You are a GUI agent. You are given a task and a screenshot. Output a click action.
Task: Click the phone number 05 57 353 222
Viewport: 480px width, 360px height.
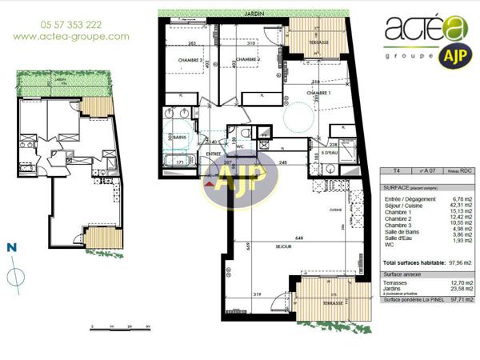point(70,25)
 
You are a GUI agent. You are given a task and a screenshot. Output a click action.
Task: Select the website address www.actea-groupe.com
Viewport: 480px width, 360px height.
point(70,37)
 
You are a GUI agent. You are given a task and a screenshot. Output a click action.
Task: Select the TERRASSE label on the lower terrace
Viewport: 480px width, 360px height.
point(329,303)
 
